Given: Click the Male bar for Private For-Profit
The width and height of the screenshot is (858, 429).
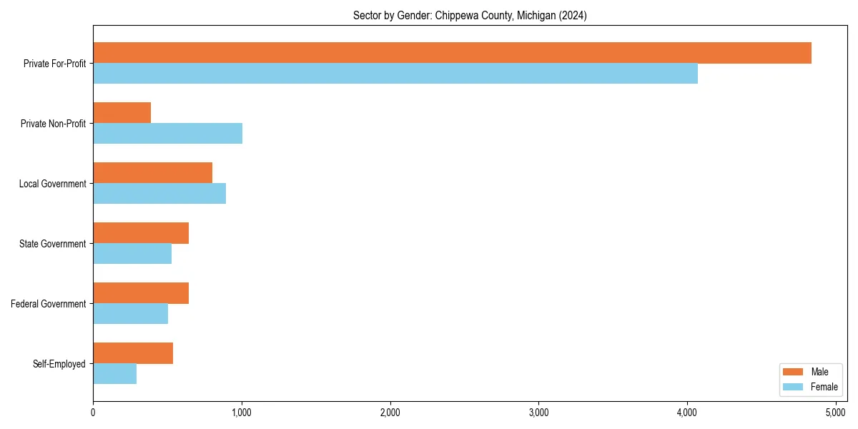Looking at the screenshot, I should pos(452,53).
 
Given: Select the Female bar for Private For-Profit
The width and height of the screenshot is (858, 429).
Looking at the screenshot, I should pos(395,74).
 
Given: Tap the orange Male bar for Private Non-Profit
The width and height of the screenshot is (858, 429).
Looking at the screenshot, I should pos(122,113).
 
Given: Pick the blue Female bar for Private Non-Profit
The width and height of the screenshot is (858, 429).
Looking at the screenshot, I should pos(167,134).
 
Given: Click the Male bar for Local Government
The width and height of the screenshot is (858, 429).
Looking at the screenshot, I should pos(152,173).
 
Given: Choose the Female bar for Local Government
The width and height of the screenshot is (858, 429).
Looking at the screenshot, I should pos(159,194).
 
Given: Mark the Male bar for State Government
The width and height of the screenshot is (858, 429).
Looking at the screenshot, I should pos(141,233).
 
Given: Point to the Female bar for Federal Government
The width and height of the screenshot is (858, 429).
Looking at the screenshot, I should pos(130,314).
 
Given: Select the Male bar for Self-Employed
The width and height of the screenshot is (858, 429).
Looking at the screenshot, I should pos(133,353).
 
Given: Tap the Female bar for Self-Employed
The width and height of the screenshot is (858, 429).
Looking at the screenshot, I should pos(114,374).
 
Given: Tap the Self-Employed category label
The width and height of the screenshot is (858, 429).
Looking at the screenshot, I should pos(59,364).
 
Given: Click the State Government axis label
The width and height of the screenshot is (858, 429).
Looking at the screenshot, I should pos(53,244).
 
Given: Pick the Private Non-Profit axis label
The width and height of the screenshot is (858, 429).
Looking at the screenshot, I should pos(53,124).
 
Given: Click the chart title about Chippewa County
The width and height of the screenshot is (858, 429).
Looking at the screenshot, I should pos(470,16).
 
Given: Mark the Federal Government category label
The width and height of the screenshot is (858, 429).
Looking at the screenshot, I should pos(49,304).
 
